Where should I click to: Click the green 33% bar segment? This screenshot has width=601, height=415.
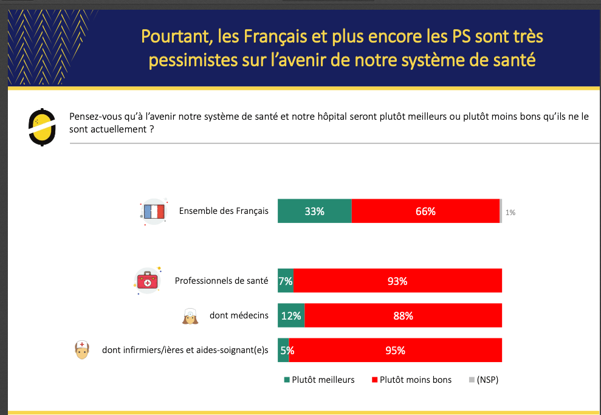click(x=315, y=211)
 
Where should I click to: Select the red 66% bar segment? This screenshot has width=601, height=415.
click(x=425, y=211)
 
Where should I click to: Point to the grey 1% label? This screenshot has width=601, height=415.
click(x=510, y=213)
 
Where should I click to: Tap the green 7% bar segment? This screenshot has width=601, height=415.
click(x=286, y=281)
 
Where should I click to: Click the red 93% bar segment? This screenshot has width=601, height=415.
click(x=398, y=281)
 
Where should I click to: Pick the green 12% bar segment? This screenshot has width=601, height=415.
click(x=291, y=316)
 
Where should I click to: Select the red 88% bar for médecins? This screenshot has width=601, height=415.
click(x=404, y=316)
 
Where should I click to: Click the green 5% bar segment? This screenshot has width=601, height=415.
click(x=284, y=351)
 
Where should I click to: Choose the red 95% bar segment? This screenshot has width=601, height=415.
click(x=396, y=351)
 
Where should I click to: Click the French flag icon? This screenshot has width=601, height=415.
click(x=153, y=211)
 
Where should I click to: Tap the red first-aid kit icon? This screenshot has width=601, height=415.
click(x=148, y=281)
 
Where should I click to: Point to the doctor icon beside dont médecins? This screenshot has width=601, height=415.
click(x=190, y=317)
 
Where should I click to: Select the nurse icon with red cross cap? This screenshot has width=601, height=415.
click(x=82, y=350)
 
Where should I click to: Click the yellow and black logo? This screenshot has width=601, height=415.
click(x=42, y=127)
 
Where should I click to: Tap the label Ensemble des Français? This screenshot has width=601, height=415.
click(x=224, y=211)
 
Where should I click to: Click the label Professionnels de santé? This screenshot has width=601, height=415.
click(x=221, y=281)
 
